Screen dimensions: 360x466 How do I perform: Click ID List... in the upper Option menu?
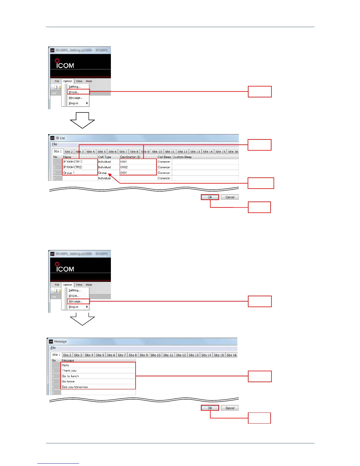(x=74, y=92)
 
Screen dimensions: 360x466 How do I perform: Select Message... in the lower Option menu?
(x=75, y=301)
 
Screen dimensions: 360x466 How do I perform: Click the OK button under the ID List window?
(x=210, y=197)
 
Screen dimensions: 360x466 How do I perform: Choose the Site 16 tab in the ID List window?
(x=233, y=152)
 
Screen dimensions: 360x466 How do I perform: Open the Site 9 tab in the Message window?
(x=144, y=355)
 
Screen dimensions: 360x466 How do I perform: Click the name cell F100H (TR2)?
(x=73, y=167)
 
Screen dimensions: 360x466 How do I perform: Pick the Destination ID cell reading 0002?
(x=124, y=167)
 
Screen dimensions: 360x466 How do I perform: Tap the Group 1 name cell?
(x=69, y=173)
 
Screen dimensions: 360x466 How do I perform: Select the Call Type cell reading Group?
(x=102, y=173)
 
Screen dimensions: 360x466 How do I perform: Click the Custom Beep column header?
(x=182, y=157)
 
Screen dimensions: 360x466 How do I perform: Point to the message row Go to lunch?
(x=70, y=376)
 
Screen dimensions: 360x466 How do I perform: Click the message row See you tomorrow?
(x=75, y=387)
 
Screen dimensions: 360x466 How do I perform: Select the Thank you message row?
(x=69, y=371)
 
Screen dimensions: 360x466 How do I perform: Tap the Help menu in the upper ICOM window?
(x=89, y=81)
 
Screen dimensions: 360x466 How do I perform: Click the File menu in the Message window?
(x=53, y=348)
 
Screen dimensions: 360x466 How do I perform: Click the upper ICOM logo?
(x=65, y=64)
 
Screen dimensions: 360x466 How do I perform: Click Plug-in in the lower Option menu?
(x=74, y=307)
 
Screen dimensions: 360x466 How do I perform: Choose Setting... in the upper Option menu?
(x=74, y=87)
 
